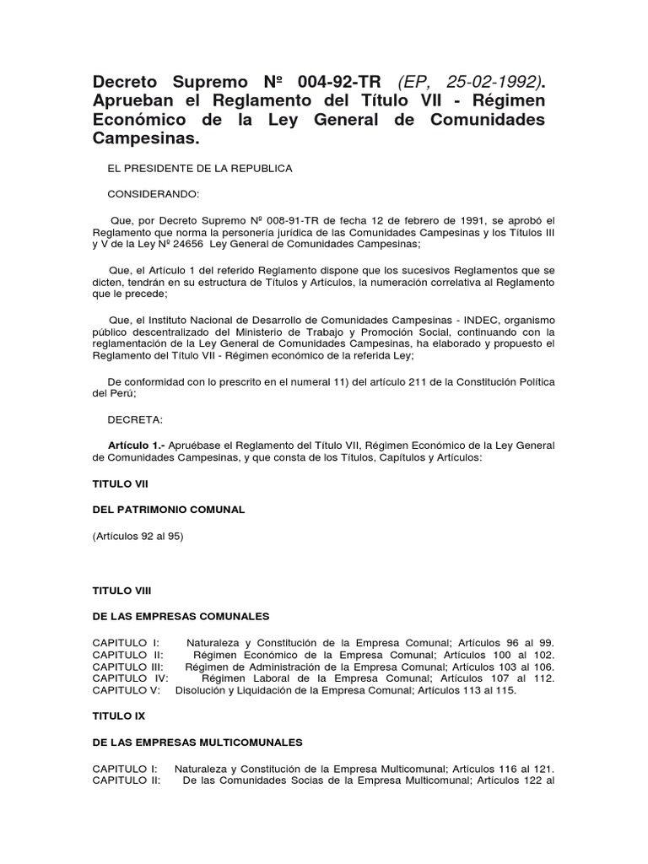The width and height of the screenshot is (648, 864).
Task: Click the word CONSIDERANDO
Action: [x=154, y=194]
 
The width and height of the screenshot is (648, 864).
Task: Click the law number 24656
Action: [x=206, y=244]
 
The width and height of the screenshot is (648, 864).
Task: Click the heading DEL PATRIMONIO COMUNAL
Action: [x=168, y=510]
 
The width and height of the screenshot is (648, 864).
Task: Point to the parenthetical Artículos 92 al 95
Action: [x=138, y=536]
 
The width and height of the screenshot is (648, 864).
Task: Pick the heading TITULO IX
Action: [x=118, y=715]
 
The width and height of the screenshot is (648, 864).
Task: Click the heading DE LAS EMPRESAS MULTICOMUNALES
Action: [x=197, y=742]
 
